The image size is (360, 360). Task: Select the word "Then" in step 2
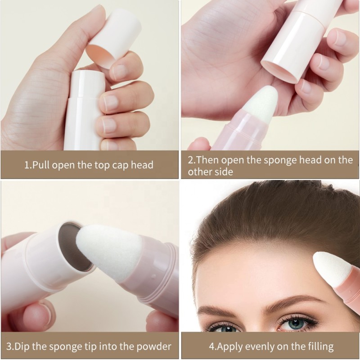tap(209, 160)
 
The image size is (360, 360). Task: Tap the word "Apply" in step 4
tap(231, 346)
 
